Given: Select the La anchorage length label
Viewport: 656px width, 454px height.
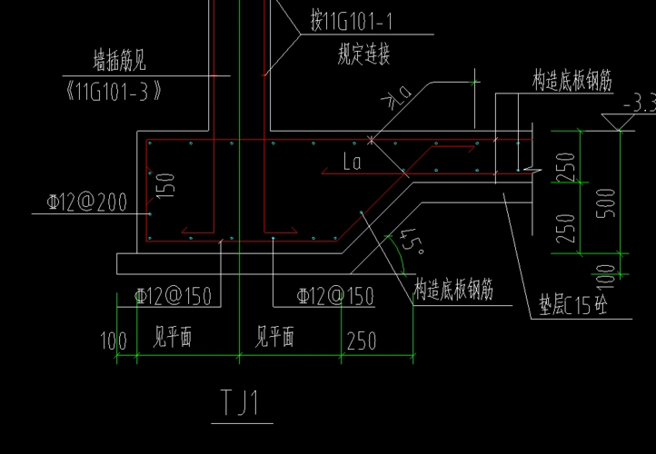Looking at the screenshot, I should [x=354, y=164].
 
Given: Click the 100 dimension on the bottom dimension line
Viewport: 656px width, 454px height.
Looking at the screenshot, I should [x=114, y=341].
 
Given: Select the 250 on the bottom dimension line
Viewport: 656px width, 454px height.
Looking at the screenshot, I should [x=361, y=341].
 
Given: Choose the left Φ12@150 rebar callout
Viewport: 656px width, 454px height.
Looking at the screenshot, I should [x=173, y=296].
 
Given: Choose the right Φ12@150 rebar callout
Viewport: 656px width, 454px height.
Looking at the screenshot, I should [x=336, y=296].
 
